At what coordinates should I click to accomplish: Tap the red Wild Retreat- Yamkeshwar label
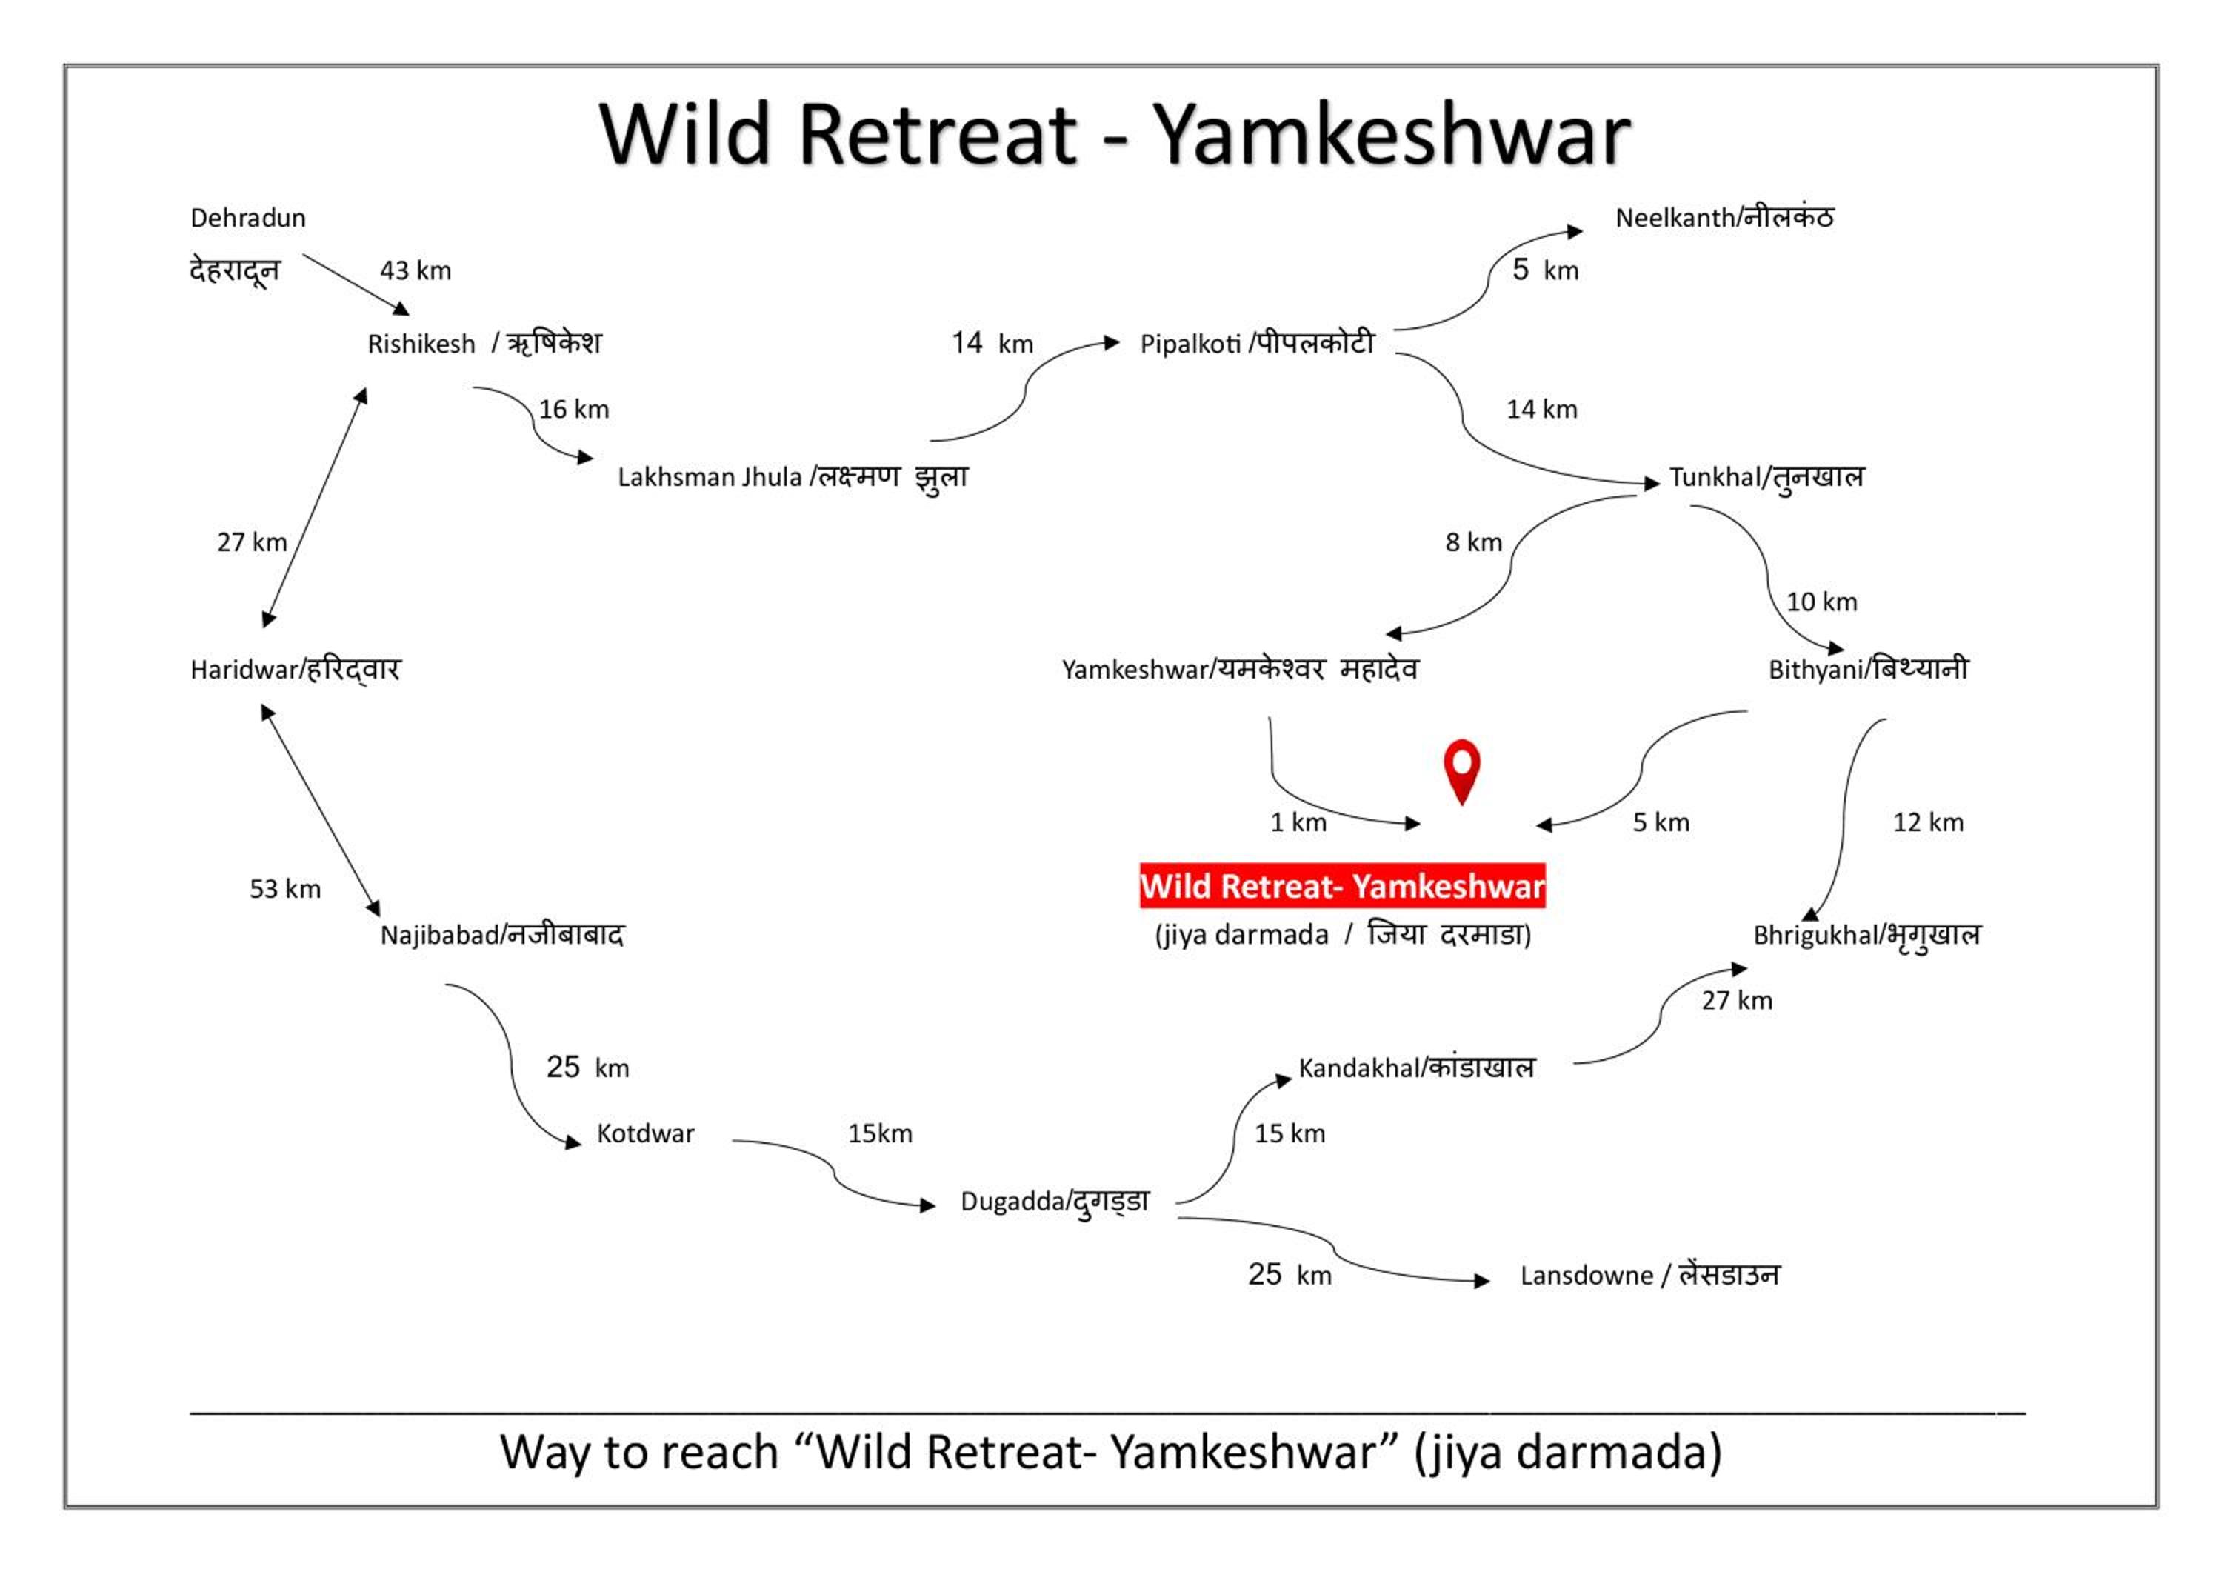coord(1341,886)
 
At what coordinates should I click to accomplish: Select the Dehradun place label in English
coord(247,218)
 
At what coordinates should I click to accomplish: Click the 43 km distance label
coord(416,270)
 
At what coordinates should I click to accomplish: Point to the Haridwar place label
coord(296,669)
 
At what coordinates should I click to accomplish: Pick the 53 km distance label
coord(284,889)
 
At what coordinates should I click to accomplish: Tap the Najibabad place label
coord(501,935)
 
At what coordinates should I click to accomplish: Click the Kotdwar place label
coord(646,1133)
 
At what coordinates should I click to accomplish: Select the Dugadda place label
coord(1055,1202)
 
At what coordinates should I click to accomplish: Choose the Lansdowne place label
coord(1649,1275)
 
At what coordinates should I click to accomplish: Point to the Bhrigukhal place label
coord(1866,935)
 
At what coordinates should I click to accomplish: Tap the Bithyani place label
coord(1868,669)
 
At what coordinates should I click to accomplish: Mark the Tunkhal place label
coord(1766,477)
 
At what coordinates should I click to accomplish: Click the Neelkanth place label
coord(1724,218)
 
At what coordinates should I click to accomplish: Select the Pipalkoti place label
coord(1256,344)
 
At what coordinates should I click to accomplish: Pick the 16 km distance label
coord(574,410)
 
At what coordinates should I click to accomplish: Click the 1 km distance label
coord(1298,823)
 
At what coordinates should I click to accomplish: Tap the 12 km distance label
coord(1928,823)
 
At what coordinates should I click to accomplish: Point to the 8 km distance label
coord(1473,542)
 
